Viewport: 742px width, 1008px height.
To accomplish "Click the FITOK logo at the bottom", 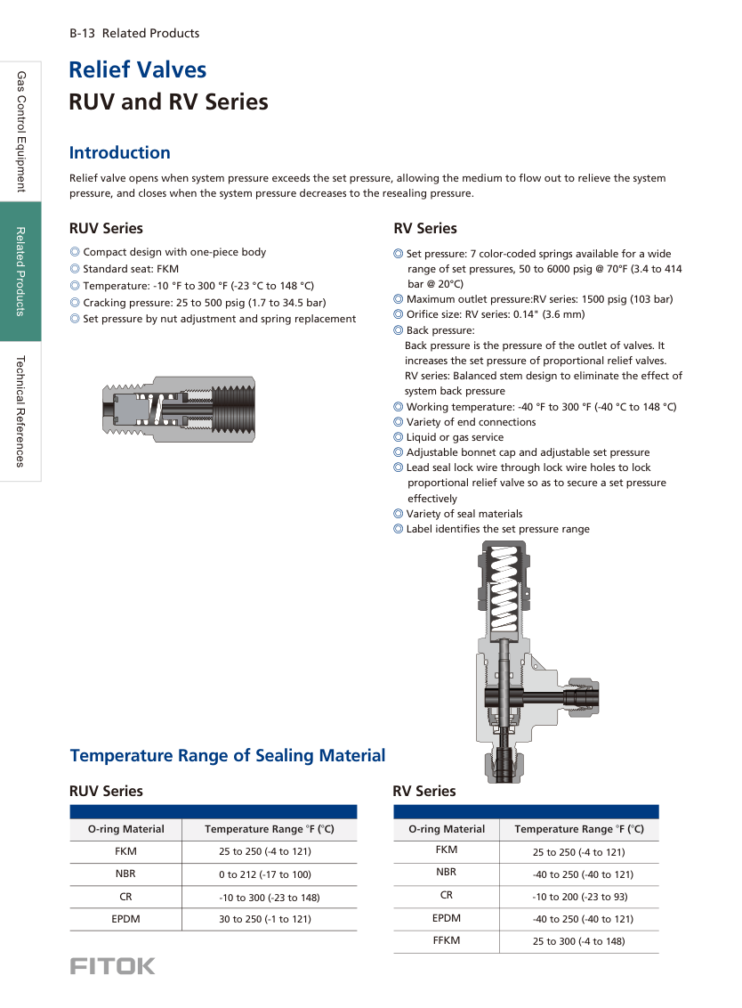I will [x=112, y=966].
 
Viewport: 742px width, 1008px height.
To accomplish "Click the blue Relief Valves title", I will [x=138, y=69].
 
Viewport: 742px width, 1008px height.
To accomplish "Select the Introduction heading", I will [x=120, y=152].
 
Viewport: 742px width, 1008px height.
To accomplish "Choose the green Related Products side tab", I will [x=20, y=272].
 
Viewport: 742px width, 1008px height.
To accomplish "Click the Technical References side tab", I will [x=20, y=411].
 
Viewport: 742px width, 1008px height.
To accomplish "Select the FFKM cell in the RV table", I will [x=447, y=940].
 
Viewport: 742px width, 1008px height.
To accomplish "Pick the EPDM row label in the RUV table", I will [x=125, y=918].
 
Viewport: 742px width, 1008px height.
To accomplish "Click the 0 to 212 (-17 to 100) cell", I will [x=265, y=874].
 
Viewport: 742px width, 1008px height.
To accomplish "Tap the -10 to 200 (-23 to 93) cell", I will [x=579, y=897].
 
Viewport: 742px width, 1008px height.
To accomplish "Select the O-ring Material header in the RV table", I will [x=447, y=829].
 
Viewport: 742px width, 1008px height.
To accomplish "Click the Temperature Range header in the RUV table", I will [x=269, y=829].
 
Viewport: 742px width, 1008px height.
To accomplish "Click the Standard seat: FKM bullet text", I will [x=131, y=268].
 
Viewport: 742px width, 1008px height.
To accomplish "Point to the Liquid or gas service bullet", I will [x=455, y=437].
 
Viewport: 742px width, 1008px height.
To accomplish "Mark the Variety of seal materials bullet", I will [x=464, y=514].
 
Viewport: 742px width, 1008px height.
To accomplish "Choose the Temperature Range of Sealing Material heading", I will [x=228, y=755].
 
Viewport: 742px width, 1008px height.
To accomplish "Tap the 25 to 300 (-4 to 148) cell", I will [x=579, y=941].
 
